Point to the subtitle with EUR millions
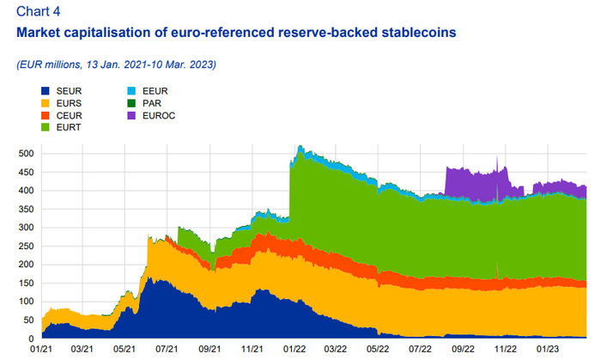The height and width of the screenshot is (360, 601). (x=116, y=64)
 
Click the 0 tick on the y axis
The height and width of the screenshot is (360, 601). (x=27, y=338)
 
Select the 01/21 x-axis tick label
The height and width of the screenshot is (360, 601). (x=40, y=350)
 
